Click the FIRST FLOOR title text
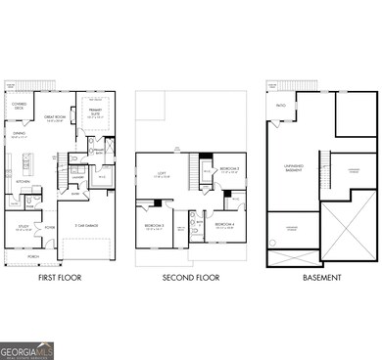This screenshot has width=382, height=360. pyautogui.click(x=59, y=278)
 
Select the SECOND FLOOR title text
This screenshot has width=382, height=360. pyautogui.click(x=189, y=278)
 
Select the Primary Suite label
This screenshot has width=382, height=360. pyautogui.click(x=96, y=113)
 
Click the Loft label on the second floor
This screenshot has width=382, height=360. pyautogui.click(x=177, y=175)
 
